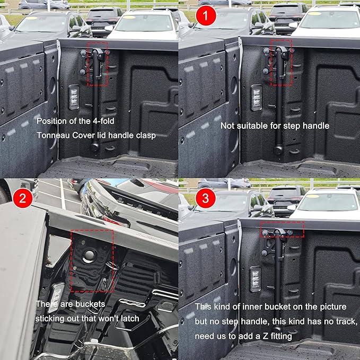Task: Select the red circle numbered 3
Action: pyautogui.click(x=205, y=199)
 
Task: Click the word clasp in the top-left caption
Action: pyautogui.click(x=146, y=135)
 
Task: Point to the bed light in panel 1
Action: pyautogui.click(x=256, y=97)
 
